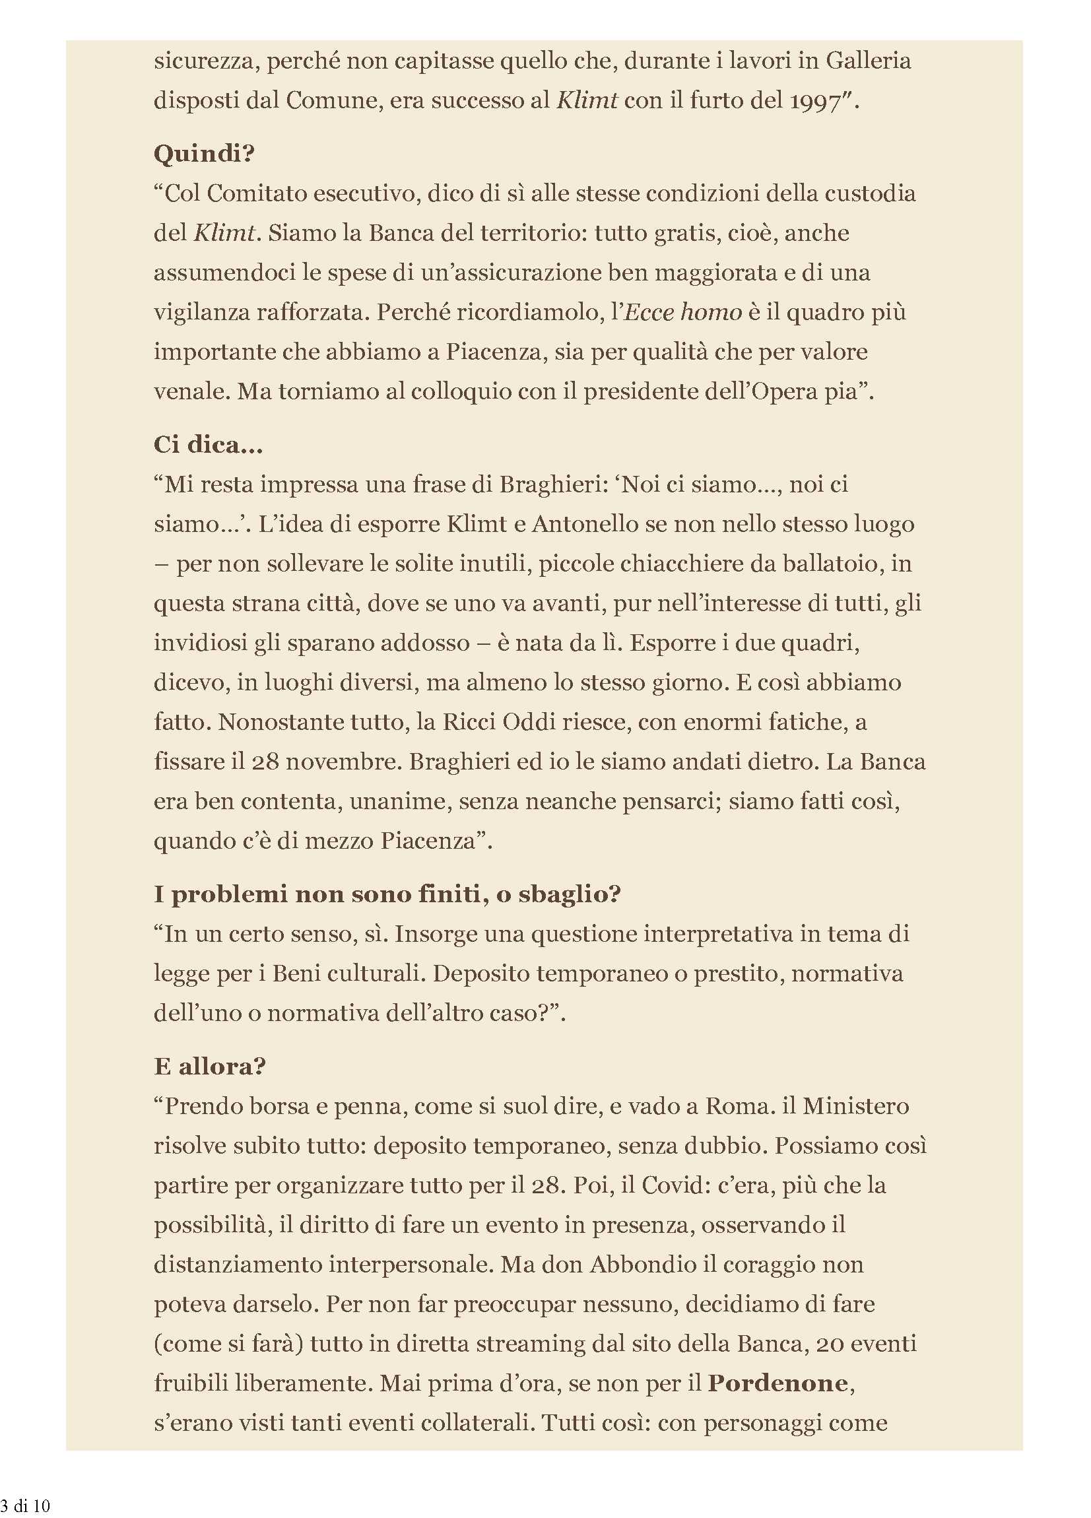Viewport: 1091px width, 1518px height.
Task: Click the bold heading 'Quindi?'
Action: (x=204, y=154)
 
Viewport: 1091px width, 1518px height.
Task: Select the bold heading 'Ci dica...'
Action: (x=208, y=444)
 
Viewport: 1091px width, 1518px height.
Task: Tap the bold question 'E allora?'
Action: (x=209, y=1065)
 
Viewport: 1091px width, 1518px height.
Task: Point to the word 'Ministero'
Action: (x=855, y=1105)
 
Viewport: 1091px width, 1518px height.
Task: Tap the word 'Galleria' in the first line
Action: (x=868, y=61)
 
